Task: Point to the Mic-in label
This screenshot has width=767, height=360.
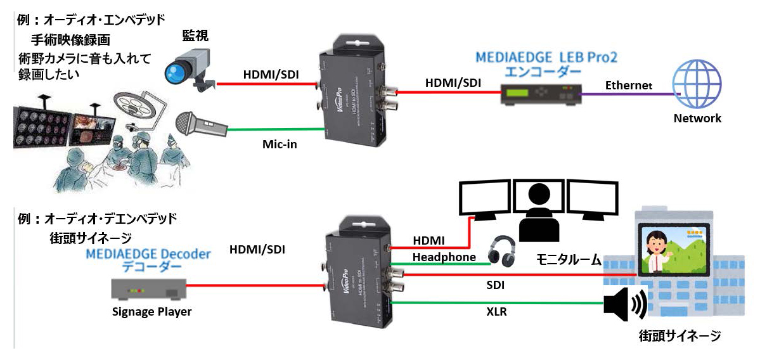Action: tap(280, 145)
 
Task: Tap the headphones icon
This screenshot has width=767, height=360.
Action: tap(501, 250)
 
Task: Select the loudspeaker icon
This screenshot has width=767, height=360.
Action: tap(625, 305)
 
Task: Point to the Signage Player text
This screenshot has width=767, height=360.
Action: tap(151, 311)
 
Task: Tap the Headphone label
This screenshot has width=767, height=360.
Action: tap(444, 257)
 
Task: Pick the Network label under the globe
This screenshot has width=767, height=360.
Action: tap(697, 118)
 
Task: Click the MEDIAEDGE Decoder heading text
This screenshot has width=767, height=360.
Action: tap(147, 255)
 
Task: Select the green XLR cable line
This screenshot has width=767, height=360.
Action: tap(494, 302)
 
